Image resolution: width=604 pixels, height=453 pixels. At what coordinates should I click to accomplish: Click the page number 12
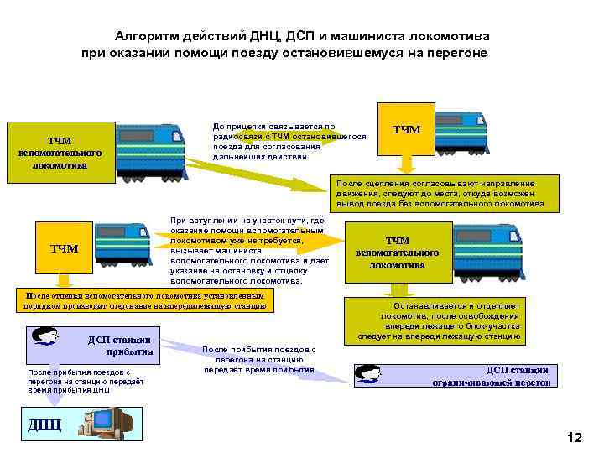(x=575, y=437)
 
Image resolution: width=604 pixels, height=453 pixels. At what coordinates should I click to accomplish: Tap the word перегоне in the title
(x=458, y=53)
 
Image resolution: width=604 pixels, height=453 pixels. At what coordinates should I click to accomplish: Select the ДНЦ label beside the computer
(x=44, y=424)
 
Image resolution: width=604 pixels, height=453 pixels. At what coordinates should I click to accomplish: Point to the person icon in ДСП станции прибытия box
(x=46, y=337)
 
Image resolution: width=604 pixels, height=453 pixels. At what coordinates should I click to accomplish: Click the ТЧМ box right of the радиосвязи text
(x=407, y=129)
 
